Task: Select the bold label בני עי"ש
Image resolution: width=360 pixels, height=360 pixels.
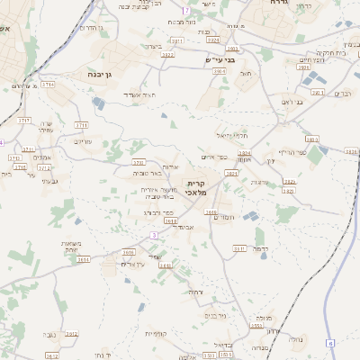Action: (220, 60)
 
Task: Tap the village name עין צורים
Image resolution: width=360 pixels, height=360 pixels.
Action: (132, 264)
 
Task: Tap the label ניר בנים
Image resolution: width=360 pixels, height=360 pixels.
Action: (215, 316)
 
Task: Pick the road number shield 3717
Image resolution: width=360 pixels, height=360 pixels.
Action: (24, 119)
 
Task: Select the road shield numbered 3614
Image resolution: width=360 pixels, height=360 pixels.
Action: (83, 259)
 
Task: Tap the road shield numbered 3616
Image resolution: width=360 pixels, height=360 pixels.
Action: (128, 253)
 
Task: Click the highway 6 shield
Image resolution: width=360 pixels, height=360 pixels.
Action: (330, 343)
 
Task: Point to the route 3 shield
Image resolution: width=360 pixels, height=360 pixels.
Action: (153, 235)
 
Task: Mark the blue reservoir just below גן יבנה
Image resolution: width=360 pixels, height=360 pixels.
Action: (97, 104)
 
